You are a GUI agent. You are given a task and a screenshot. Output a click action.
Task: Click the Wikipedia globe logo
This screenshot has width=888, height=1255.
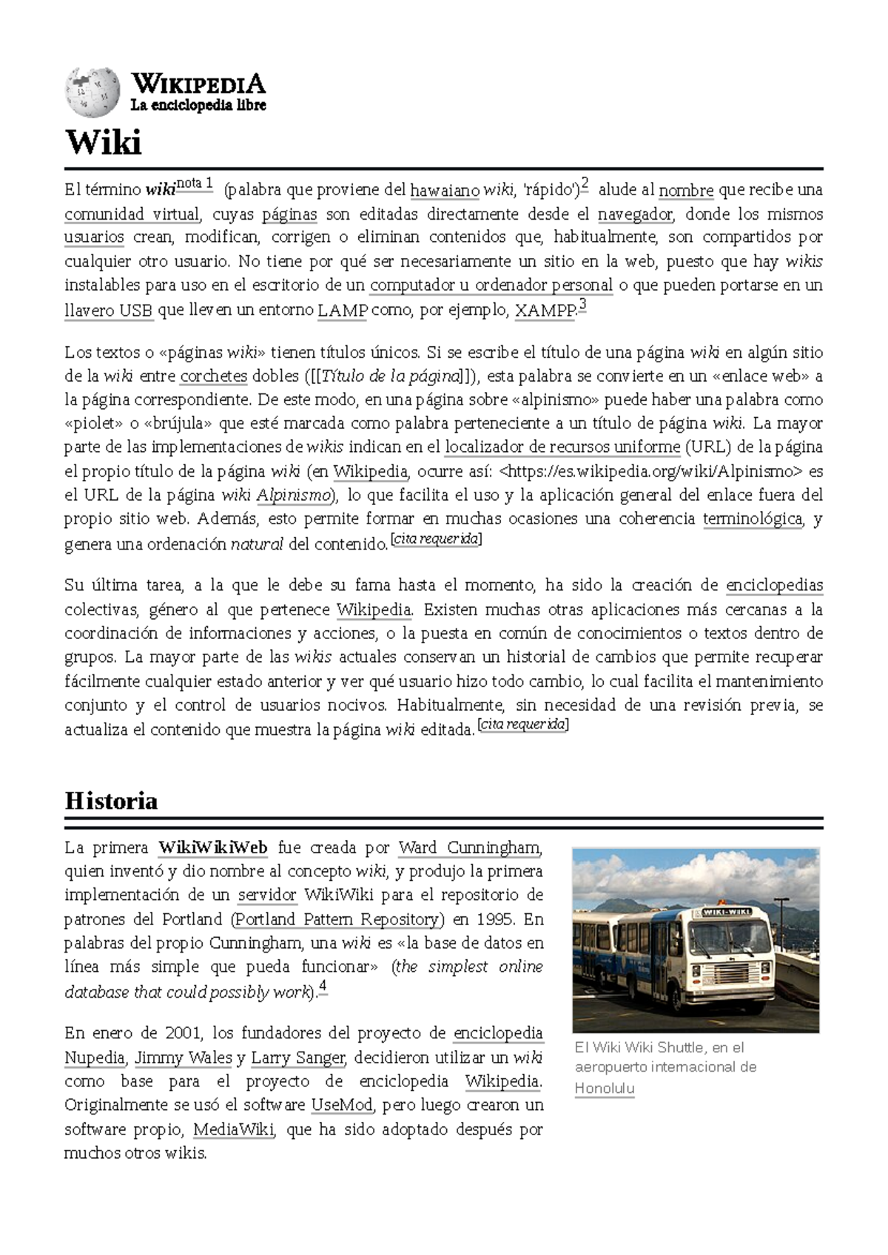click(92, 93)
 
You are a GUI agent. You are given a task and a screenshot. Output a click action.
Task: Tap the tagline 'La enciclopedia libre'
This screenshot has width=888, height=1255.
click(198, 105)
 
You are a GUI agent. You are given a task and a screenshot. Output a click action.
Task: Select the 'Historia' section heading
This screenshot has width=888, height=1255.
click(111, 800)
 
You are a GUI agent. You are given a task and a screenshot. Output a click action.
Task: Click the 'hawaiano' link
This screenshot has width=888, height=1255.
click(444, 191)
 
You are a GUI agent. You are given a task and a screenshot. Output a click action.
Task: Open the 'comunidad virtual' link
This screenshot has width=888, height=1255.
click(132, 214)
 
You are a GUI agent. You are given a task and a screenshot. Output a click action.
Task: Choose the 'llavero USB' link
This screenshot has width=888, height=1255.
click(109, 311)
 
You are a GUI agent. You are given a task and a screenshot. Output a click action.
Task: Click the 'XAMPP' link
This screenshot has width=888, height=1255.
click(545, 311)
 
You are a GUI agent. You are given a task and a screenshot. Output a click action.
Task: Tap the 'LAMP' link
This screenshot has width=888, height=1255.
click(342, 311)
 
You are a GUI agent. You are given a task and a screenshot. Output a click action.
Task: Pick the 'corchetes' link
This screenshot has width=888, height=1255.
click(213, 376)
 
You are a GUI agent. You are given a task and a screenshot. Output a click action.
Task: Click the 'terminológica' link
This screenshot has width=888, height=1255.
click(752, 518)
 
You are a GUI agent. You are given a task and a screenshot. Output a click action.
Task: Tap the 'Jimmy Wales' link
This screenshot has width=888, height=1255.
click(184, 1058)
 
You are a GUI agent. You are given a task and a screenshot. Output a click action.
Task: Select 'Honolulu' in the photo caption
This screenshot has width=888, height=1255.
click(604, 1089)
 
